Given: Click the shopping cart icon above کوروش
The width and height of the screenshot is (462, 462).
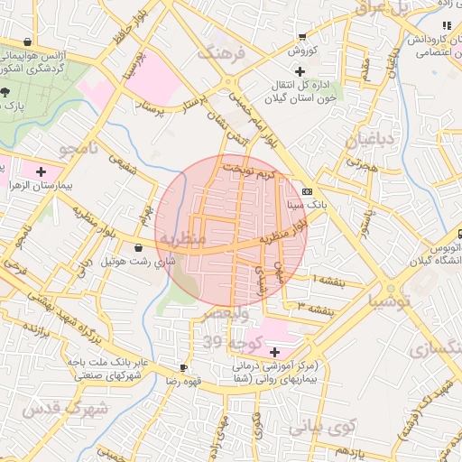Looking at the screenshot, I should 300,37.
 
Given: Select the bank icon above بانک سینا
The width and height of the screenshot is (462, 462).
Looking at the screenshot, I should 307,191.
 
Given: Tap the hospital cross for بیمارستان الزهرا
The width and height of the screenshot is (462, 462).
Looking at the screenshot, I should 41,171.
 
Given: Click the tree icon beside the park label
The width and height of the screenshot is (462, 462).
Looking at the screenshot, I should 5,92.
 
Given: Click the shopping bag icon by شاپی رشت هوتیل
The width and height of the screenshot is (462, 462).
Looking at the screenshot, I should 138,247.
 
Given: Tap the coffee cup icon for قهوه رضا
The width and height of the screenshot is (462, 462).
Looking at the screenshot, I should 184,367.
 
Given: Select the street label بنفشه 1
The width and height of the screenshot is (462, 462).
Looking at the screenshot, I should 328,282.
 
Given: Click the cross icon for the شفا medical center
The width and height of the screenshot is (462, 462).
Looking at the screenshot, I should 274,350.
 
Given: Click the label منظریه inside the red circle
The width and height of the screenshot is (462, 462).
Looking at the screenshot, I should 183,236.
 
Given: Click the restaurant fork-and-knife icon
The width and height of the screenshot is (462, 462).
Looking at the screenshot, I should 447,25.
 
